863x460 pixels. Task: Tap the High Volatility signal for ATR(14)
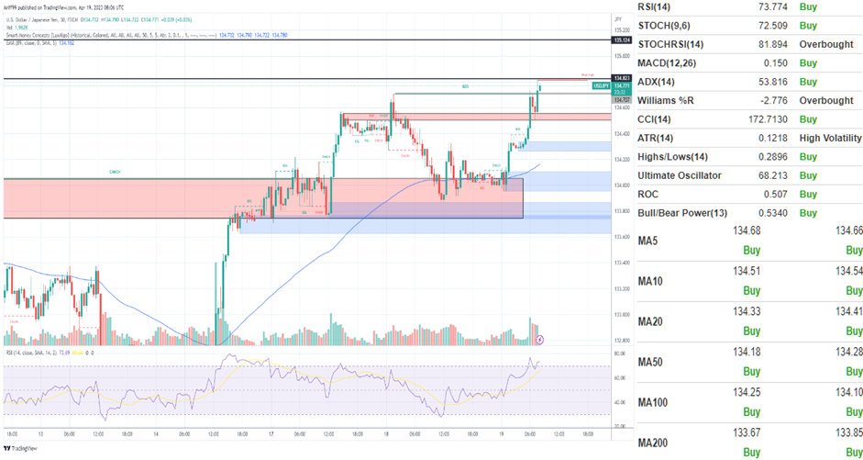pos(830,138)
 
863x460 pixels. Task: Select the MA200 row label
pos(654,443)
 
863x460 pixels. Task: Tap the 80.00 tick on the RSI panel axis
pos(619,353)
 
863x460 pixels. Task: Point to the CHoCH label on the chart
pos(115,171)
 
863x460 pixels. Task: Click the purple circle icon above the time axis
pos(539,339)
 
